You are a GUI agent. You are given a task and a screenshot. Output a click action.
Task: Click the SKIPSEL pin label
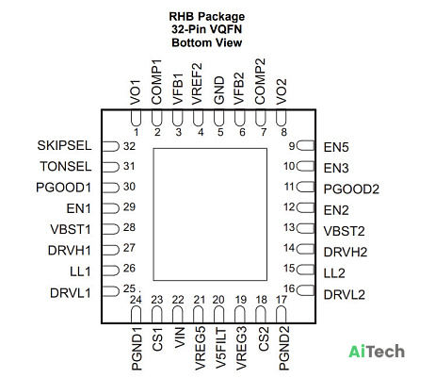point(64,145)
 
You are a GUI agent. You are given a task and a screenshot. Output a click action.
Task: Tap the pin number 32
point(129,146)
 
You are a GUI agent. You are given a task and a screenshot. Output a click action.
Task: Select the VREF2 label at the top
point(197,84)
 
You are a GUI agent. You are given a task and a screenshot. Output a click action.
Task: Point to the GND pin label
point(219,90)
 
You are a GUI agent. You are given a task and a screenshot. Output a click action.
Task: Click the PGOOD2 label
point(351,189)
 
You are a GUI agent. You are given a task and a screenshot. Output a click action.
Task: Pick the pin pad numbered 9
point(305,145)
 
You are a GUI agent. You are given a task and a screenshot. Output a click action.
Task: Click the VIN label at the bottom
point(179,337)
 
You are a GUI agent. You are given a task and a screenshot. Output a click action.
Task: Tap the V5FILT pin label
point(221,349)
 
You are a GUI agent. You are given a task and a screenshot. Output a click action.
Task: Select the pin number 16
point(289,288)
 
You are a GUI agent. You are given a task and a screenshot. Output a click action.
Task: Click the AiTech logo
point(377,351)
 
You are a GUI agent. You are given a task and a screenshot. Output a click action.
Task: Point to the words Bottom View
point(207,42)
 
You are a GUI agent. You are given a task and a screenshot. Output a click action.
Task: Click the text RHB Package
point(207,16)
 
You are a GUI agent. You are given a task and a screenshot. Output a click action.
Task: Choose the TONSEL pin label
point(66,166)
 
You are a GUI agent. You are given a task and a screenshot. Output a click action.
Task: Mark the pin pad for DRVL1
point(110,291)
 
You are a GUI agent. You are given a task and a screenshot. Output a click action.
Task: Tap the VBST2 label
point(344,231)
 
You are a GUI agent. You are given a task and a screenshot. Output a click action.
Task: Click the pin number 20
point(218,300)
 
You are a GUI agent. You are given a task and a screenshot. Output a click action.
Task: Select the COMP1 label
point(156,82)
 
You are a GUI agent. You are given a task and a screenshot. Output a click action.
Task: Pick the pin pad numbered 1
point(136,118)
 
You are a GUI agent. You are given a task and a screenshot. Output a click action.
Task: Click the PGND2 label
point(283,348)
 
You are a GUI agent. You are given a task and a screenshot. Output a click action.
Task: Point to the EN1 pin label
point(78,208)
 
